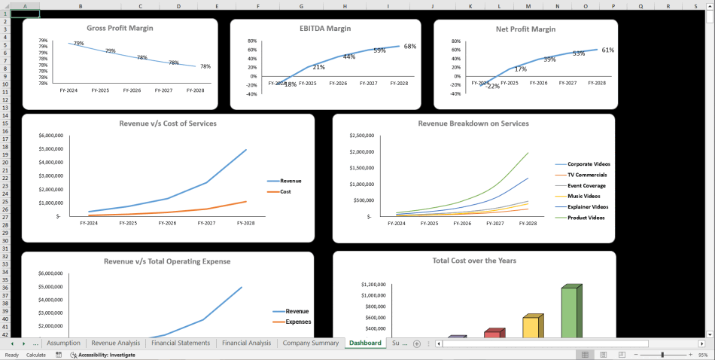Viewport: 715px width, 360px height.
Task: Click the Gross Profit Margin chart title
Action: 120,29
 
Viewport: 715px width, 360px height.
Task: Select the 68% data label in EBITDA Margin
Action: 410,47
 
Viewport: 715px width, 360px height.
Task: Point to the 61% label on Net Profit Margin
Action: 608,50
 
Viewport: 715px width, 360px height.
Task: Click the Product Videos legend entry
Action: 585,218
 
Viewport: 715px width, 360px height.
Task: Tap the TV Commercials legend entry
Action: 587,175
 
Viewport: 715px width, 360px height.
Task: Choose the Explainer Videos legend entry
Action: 587,206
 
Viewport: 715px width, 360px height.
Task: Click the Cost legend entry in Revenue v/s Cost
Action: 285,191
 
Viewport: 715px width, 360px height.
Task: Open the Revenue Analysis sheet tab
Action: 115,343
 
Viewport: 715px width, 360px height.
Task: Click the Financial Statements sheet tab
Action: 181,343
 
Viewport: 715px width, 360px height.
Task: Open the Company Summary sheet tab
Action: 310,343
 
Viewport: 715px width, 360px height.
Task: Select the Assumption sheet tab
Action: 63,343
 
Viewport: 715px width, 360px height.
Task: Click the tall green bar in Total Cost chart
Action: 569,312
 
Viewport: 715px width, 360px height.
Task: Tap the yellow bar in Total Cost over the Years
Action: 531,327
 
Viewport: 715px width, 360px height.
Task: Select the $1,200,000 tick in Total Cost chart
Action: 373,285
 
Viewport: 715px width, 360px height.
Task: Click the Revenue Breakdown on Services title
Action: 473,124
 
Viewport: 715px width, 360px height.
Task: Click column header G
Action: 301,6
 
